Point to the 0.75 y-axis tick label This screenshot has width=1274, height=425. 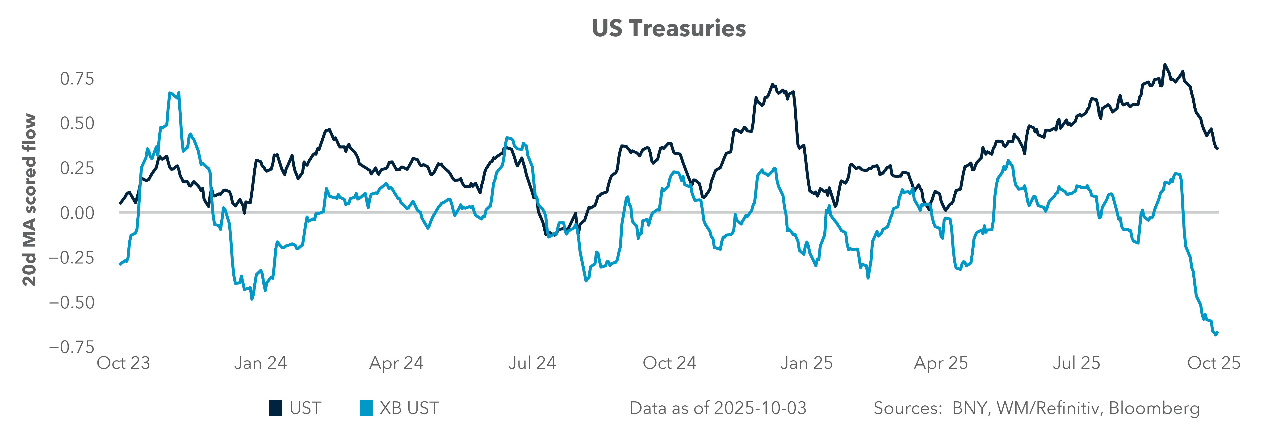pyautogui.click(x=77, y=79)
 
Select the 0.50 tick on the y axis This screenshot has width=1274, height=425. pyautogui.click(x=77, y=123)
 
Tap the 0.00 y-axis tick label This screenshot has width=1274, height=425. pyautogui.click(x=77, y=213)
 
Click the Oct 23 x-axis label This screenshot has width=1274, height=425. pyautogui.click(x=123, y=363)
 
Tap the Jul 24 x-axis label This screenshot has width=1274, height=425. pyautogui.click(x=532, y=363)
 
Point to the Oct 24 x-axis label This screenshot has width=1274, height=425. pyautogui.click(x=669, y=363)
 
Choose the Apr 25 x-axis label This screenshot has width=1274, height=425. pyautogui.click(x=941, y=363)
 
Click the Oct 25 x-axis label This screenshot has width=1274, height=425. pyautogui.click(x=1214, y=363)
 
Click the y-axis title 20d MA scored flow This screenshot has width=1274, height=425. pyautogui.click(x=30, y=200)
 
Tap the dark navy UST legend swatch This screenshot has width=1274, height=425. pyautogui.click(x=276, y=408)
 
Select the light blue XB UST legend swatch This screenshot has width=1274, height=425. pyautogui.click(x=366, y=408)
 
